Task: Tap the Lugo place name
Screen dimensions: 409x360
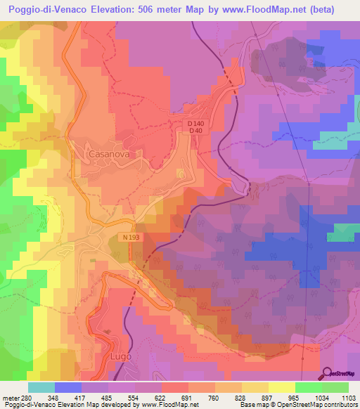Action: click(x=121, y=357)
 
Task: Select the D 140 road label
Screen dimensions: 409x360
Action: click(x=195, y=124)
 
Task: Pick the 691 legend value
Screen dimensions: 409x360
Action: click(x=188, y=397)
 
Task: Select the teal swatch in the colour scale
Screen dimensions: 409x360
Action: click(x=41, y=387)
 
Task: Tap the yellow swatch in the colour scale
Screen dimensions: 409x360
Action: click(x=281, y=387)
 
